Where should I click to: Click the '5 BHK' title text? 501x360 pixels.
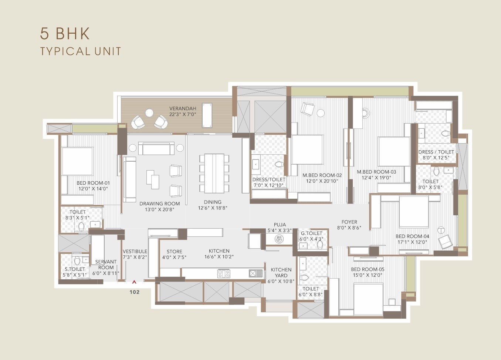click(x=65, y=34)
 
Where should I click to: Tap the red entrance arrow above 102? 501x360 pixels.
click(x=134, y=282)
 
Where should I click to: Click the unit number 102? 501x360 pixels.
click(x=135, y=292)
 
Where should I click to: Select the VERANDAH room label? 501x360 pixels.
click(x=183, y=108)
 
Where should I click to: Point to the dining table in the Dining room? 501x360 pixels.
click(x=214, y=173)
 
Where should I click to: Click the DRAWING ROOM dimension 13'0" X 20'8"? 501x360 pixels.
click(x=160, y=209)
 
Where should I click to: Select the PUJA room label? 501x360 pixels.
click(x=280, y=225)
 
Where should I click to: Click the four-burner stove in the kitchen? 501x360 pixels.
click(x=224, y=274)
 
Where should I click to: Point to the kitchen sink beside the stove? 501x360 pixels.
click(x=253, y=274)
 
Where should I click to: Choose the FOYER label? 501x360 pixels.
click(x=349, y=222)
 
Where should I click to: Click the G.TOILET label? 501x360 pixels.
click(x=311, y=233)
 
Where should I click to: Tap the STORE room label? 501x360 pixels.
click(x=174, y=251)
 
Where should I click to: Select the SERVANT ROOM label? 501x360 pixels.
click(x=106, y=265)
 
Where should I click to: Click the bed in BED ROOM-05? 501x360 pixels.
click(x=368, y=299)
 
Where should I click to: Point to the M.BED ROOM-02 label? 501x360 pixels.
click(x=322, y=175)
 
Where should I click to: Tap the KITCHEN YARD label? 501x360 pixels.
click(x=281, y=273)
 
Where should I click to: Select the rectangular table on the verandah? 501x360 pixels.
click(x=206, y=115)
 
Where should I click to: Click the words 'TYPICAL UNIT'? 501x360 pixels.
click(x=81, y=51)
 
